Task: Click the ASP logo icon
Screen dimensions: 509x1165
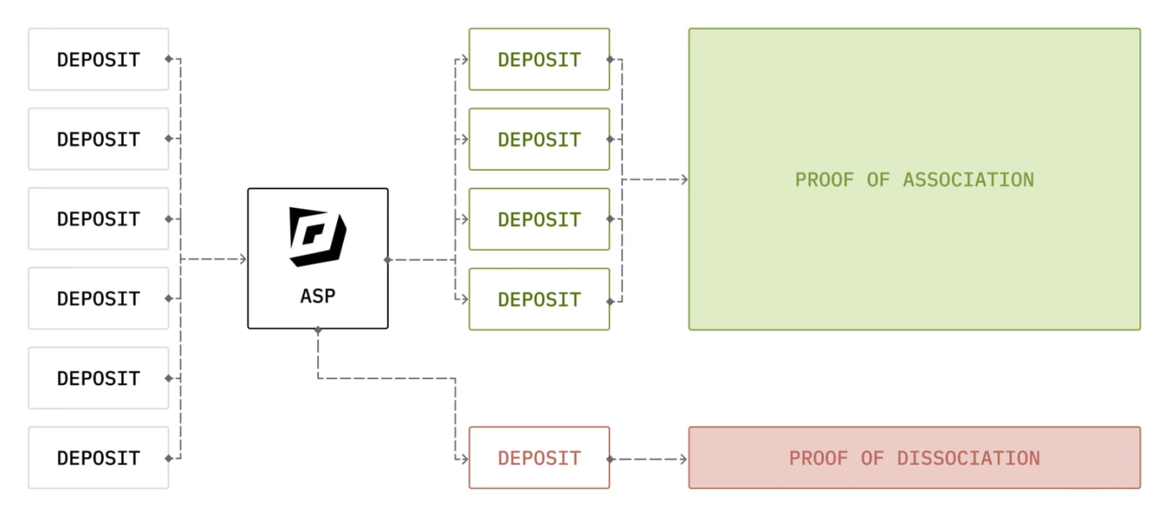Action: point(317,236)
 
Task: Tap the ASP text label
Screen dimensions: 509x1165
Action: point(318,296)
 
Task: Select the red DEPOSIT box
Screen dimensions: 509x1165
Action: point(539,458)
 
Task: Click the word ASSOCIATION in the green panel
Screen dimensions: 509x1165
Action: point(968,180)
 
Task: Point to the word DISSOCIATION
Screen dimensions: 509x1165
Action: point(968,459)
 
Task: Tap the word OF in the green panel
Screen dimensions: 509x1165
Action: point(877,180)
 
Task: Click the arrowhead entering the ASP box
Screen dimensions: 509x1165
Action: point(243,259)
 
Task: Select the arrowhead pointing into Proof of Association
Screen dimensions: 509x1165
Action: point(684,180)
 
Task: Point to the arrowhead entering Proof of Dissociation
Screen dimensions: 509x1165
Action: point(683,459)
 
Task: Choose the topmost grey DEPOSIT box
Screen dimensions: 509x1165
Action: point(99,59)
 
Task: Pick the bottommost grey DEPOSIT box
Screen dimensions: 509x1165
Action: point(99,458)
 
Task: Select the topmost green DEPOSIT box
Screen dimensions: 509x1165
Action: point(539,59)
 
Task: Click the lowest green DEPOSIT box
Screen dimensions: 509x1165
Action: point(539,299)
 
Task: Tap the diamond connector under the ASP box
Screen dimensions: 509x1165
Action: point(318,330)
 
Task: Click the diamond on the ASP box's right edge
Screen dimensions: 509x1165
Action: point(388,260)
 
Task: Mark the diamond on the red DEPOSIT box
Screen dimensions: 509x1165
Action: point(611,459)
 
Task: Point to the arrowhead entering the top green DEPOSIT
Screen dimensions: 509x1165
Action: point(465,60)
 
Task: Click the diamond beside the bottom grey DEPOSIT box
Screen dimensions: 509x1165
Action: point(169,459)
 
